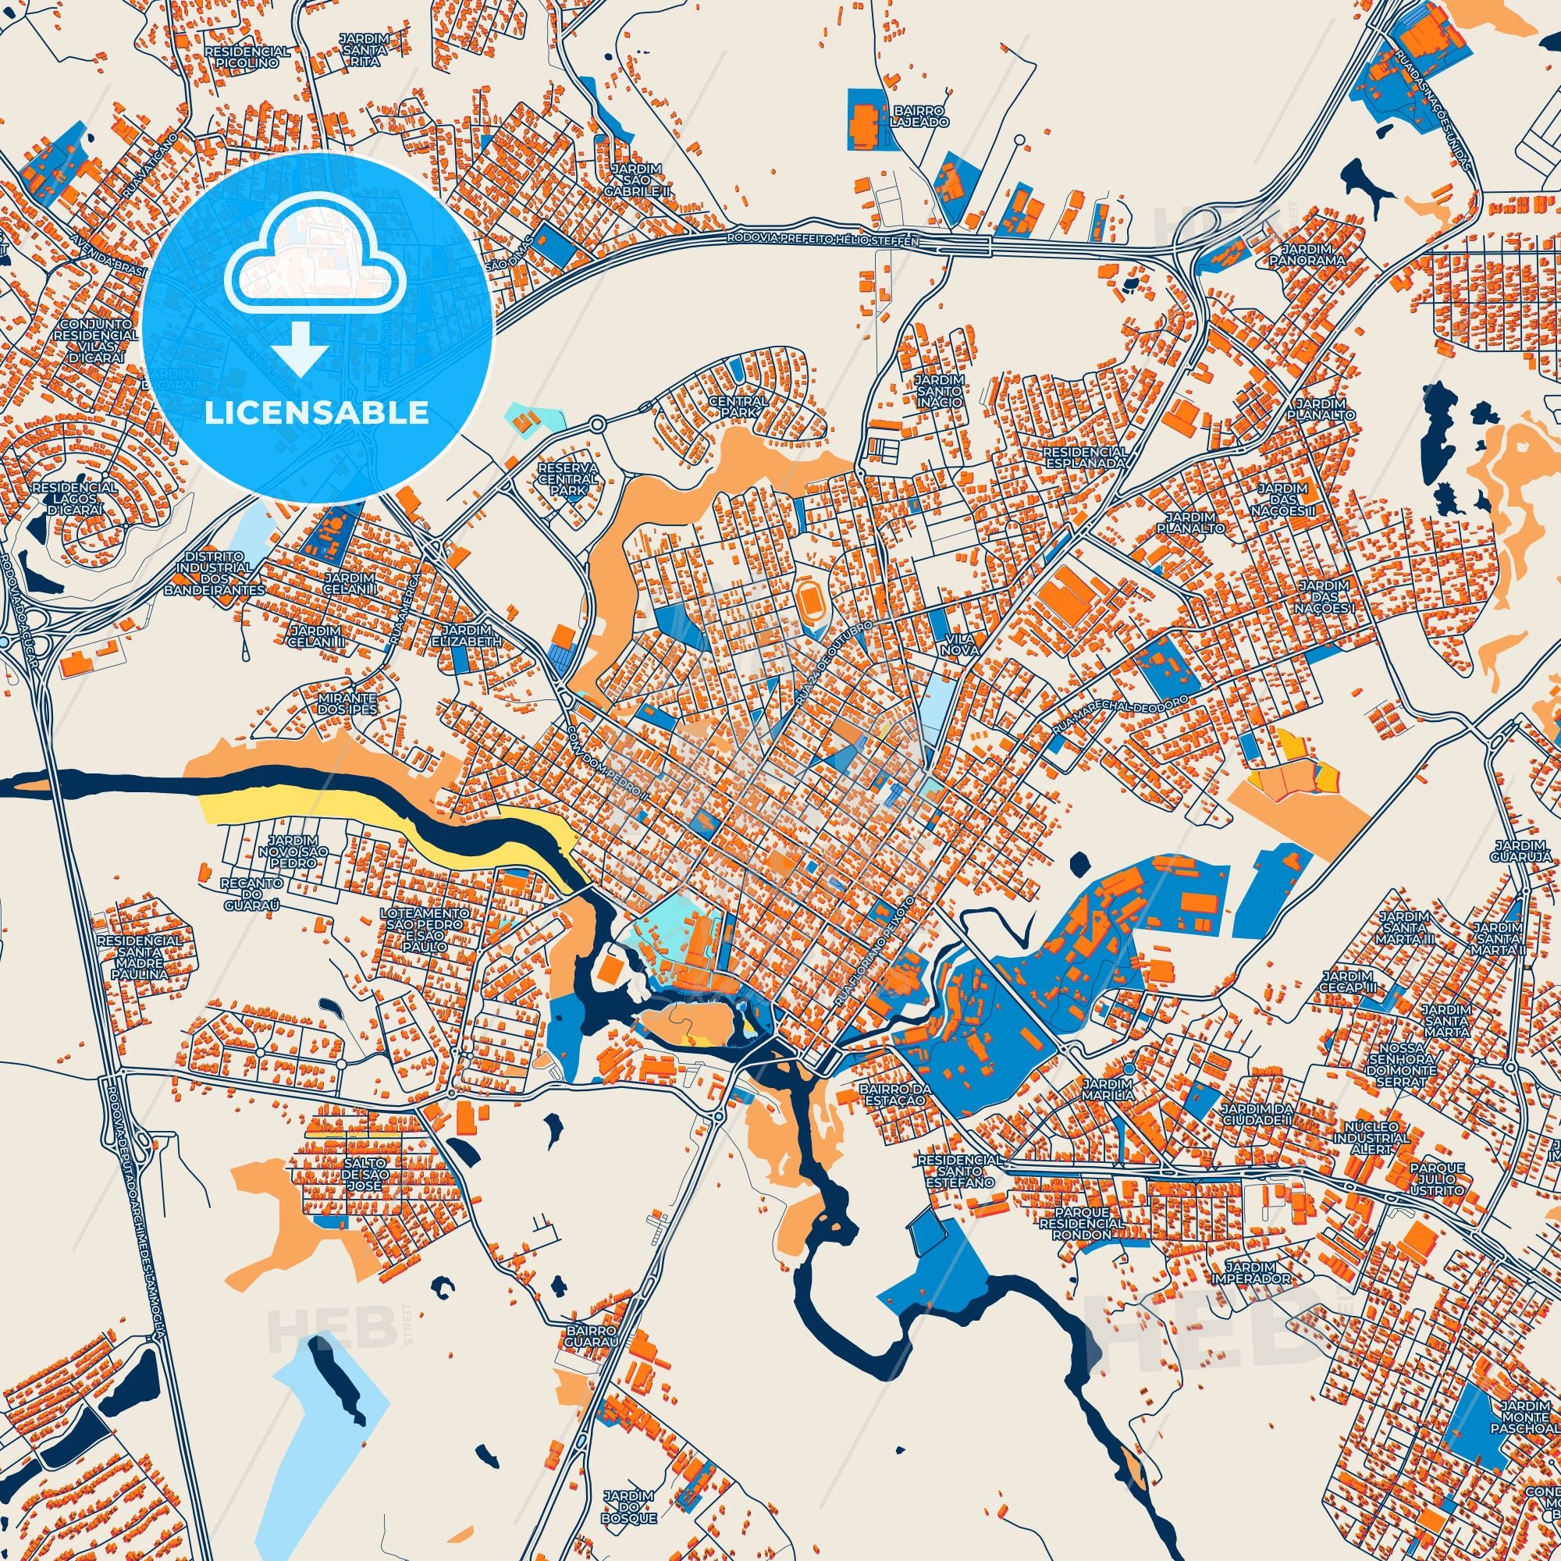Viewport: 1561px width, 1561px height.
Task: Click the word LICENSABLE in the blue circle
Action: point(317,413)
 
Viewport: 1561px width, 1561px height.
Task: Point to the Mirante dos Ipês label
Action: point(350,702)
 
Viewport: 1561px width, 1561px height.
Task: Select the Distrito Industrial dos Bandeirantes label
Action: point(215,574)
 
